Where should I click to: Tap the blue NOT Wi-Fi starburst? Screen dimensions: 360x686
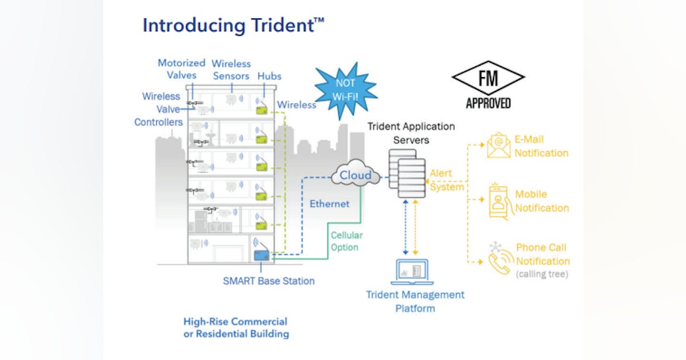tap(345, 90)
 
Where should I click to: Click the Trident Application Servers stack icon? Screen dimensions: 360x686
tap(408, 173)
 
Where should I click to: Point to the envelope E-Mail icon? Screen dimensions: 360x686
tap(498, 145)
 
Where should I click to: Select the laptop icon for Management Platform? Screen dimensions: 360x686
tap(412, 272)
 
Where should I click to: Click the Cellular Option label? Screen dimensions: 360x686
tap(346, 241)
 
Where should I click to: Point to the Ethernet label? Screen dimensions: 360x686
tap(329, 203)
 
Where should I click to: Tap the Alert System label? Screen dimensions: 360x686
tap(446, 180)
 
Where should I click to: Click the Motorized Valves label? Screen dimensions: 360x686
tap(181, 69)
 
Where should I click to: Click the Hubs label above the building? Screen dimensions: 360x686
tap(269, 75)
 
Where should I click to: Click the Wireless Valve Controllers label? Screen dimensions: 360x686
tap(159, 109)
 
